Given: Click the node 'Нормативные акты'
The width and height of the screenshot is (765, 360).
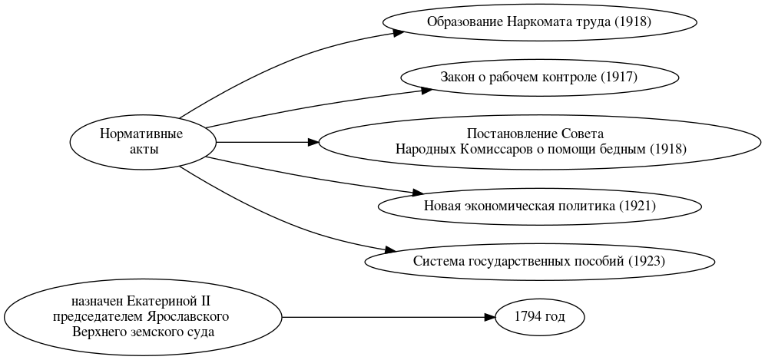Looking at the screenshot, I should point(143,142).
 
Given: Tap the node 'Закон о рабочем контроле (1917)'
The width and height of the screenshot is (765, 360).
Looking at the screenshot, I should point(538,77).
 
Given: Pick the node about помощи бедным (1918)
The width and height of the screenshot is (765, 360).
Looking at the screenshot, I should point(540,142).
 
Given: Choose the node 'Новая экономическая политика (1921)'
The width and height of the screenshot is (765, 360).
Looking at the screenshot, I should point(539,206).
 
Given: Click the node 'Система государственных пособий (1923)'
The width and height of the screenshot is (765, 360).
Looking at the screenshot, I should point(538,261).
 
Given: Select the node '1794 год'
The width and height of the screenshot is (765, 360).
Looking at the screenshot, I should point(540,317).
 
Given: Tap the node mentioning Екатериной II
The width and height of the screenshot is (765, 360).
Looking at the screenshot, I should point(143,317).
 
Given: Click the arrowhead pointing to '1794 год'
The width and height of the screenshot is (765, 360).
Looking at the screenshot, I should point(489,317).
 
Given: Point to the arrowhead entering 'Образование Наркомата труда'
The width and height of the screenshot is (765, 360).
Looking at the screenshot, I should point(399,32).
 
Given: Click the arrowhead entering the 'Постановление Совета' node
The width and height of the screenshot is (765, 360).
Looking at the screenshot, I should point(313,142).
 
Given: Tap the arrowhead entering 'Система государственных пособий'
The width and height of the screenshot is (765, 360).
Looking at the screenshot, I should point(391,250).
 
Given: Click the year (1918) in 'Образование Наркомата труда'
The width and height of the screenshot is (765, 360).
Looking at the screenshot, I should point(632,21).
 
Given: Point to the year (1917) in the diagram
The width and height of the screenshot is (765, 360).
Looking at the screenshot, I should point(619,77).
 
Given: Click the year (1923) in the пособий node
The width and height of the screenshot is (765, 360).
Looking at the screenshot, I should point(646,261).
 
